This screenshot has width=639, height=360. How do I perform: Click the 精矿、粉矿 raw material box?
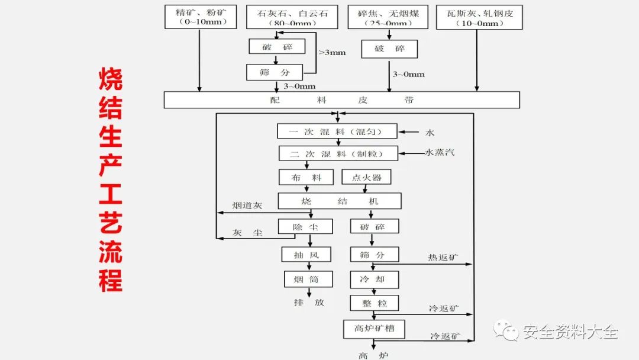coord(200,17)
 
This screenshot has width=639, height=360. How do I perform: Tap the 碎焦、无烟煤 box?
coord(388,17)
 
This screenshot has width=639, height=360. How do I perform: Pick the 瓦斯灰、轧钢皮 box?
coord(479,17)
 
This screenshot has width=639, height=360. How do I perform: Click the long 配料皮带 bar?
coord(341,100)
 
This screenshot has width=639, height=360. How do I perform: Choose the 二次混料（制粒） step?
coord(338,154)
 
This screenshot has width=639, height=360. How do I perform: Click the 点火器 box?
coord(366,177)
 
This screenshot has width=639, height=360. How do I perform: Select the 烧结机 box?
coord(339,201)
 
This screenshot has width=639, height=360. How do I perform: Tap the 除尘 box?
coord(305,227)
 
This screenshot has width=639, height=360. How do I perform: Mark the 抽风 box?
coord(306,255)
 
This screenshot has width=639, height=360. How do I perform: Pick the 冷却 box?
coord(375,279)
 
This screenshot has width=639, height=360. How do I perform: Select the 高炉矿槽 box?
coord(374,329)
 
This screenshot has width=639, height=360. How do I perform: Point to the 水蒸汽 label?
coord(440,153)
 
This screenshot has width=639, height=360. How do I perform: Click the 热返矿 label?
coord(443,258)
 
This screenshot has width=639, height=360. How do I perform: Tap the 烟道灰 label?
coord(247,205)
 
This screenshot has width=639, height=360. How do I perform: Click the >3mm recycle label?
coord(332,52)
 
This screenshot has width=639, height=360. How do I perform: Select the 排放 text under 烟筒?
coord(309,302)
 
